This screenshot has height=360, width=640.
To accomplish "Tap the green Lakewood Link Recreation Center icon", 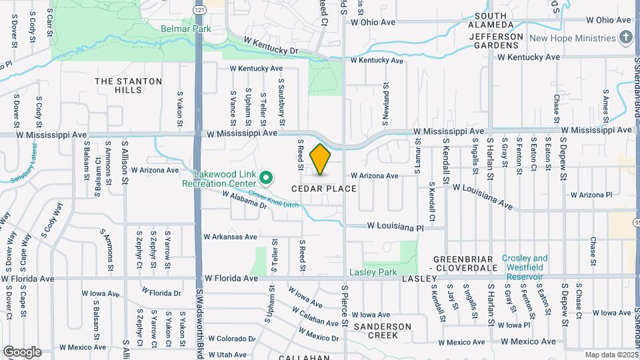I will coord(266,177).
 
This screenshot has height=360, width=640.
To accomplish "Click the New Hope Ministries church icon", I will coord(625,37).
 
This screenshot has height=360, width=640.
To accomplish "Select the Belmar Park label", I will coord(186,29).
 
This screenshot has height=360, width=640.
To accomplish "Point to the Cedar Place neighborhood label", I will coord(324,189).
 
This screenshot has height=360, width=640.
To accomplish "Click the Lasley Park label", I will coord(373,272).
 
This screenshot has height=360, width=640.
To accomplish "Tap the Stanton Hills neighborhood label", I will coord(129,85).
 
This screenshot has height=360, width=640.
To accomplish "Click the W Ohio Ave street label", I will coord(373,22).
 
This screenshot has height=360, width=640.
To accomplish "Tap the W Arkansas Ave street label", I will coord(230,237).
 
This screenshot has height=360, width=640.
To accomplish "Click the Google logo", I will coord(22,352).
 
